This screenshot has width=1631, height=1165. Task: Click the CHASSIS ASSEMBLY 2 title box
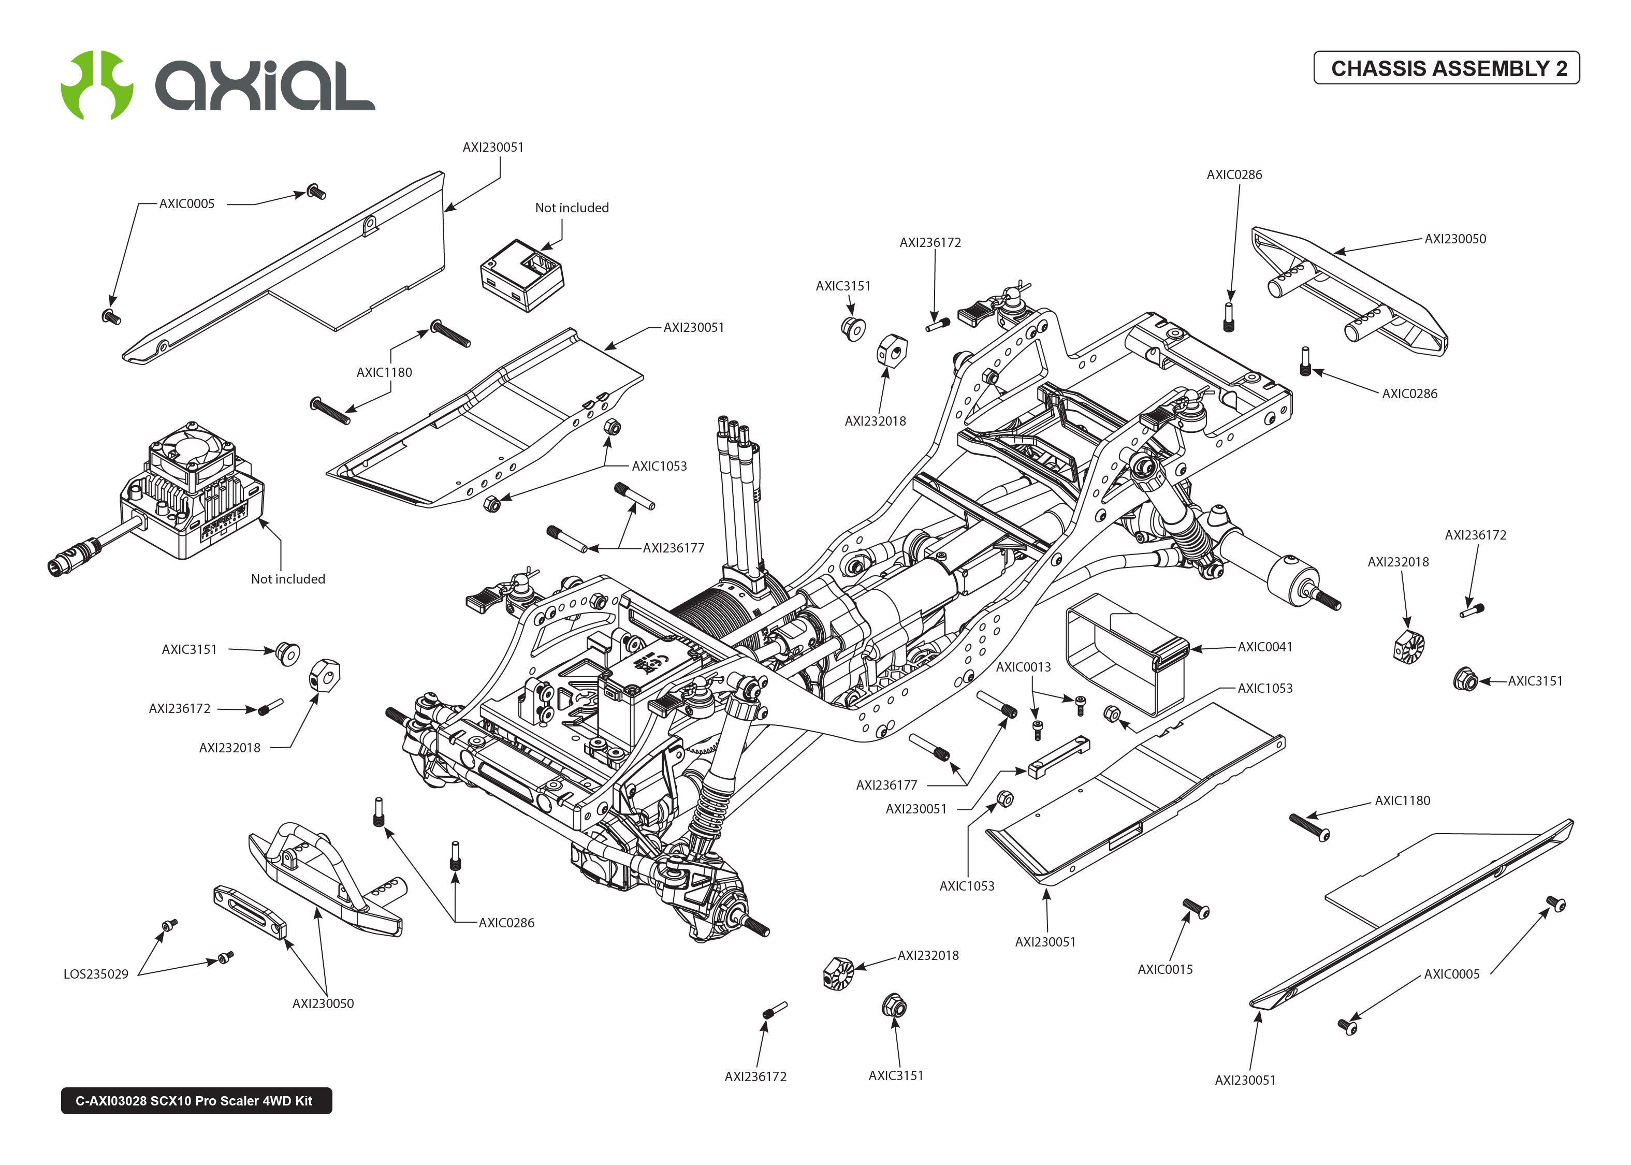tap(1446, 68)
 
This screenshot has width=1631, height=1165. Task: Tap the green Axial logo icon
tap(97, 84)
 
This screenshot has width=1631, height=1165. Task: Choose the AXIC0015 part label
tap(1165, 970)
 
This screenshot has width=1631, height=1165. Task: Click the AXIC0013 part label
tap(1023, 667)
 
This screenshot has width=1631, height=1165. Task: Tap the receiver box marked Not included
tap(521, 276)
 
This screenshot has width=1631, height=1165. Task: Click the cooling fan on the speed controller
tap(190, 450)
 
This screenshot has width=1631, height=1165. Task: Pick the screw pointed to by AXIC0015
tap(1196, 908)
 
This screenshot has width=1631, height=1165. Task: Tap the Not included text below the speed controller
tap(287, 579)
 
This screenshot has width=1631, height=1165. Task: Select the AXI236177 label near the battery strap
tap(886, 785)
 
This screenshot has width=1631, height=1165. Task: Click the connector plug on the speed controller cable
tap(72, 558)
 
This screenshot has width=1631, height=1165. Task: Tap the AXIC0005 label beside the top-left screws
tap(186, 203)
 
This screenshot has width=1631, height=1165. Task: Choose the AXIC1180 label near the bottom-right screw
tap(1402, 800)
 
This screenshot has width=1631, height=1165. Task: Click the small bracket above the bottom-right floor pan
tap(1059, 758)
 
